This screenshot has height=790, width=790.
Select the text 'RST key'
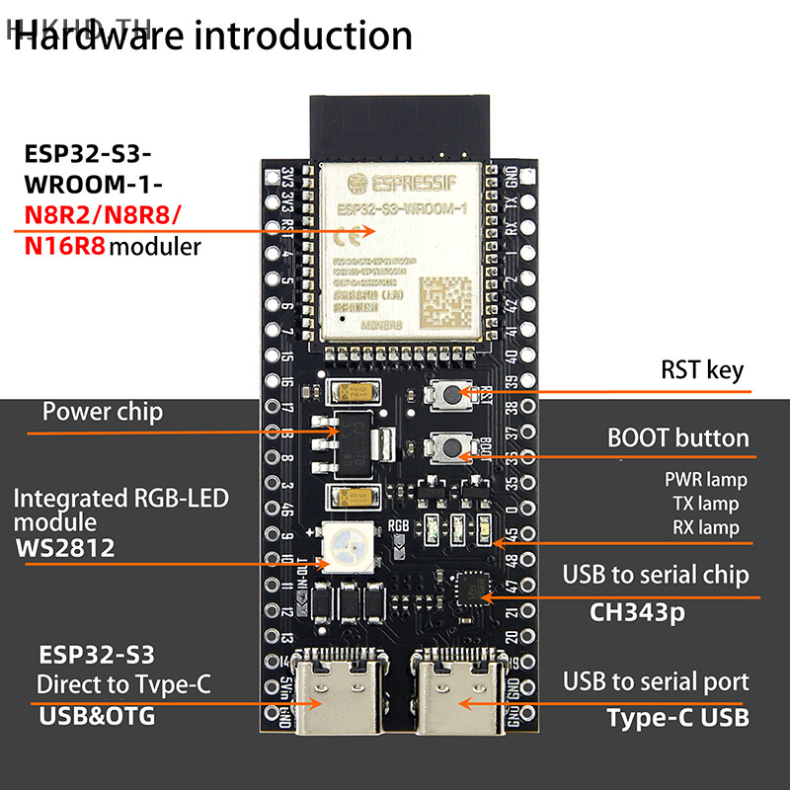click(x=701, y=370)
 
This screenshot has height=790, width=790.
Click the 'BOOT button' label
click(x=677, y=437)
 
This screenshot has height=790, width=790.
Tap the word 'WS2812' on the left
click(x=65, y=548)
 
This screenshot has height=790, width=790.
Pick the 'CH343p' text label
click(x=638, y=612)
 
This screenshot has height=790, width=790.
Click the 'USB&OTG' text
click(x=97, y=715)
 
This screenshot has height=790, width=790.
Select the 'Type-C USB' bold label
click(x=677, y=717)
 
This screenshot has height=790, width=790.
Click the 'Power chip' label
click(x=103, y=412)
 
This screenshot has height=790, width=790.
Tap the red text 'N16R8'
click(x=63, y=246)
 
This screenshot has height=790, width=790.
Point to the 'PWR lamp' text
click(x=706, y=480)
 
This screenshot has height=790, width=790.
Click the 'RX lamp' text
click(x=705, y=527)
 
